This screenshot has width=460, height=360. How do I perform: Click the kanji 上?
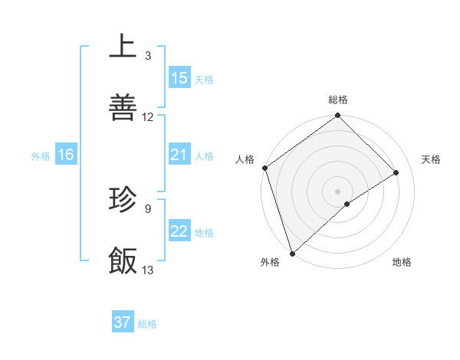click(123, 46)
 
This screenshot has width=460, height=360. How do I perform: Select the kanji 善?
click(123, 107)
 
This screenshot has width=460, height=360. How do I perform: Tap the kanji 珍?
click(123, 199)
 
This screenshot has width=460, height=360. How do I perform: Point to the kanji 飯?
click(123, 260)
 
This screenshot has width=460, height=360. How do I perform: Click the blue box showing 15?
click(179, 78)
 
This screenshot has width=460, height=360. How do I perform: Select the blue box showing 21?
click(179, 155)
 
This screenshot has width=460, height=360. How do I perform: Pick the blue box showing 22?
click(179, 231)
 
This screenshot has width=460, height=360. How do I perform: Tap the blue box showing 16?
click(66, 155)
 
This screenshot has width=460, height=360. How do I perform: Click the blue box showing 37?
click(123, 322)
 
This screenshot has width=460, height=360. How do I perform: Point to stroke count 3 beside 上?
click(148, 56)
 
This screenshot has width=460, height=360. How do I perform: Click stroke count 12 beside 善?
click(148, 117)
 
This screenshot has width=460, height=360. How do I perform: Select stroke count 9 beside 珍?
click(148, 208)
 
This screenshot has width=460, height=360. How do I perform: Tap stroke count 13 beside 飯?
click(148, 270)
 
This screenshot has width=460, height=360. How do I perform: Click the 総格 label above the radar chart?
click(338, 100)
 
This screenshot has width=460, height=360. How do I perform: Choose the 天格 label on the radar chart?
click(432, 159)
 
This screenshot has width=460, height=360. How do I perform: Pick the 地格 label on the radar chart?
click(402, 262)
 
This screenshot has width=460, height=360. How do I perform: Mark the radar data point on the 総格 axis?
click(338, 116)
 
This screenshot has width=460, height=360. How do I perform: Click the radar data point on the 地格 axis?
click(347, 204)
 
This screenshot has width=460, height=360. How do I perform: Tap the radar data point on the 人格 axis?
click(264, 168)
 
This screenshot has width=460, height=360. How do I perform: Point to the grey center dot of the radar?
click(338, 191)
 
